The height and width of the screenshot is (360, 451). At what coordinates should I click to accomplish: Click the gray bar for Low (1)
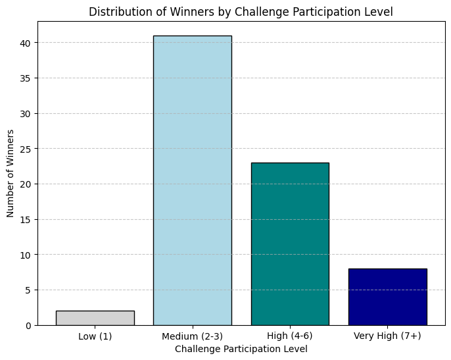[95, 318]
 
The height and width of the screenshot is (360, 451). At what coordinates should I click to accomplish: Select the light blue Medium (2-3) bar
[193, 180]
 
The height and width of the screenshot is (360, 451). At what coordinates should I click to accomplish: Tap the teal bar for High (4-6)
[290, 244]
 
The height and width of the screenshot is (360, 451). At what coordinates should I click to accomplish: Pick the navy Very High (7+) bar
[387, 297]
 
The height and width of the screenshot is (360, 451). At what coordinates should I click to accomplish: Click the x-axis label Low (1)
[95, 336]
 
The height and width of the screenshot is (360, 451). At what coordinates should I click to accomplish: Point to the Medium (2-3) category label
[193, 336]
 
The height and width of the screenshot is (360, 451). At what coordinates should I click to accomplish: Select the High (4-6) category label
[290, 336]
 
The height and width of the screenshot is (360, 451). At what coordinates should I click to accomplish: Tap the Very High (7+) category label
[387, 336]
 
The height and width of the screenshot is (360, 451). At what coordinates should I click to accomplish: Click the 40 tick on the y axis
[25, 43]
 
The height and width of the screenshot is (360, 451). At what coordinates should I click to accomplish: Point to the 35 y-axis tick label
[25, 78]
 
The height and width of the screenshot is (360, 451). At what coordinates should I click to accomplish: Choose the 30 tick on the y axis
[25, 114]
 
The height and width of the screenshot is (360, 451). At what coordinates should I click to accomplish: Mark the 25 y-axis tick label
[25, 149]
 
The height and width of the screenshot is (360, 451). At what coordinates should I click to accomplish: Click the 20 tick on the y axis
[25, 184]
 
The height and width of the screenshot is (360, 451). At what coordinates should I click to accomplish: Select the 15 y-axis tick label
[25, 220]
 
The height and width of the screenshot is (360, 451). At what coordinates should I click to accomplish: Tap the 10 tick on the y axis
[25, 255]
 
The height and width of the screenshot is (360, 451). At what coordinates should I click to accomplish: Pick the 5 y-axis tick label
[28, 290]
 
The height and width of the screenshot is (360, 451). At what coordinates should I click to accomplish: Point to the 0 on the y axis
[28, 326]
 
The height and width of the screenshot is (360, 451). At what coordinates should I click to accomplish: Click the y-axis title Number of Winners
[10, 173]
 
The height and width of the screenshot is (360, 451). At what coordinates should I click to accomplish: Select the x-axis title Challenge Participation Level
[241, 349]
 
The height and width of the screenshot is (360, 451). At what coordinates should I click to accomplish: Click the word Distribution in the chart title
[121, 12]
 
